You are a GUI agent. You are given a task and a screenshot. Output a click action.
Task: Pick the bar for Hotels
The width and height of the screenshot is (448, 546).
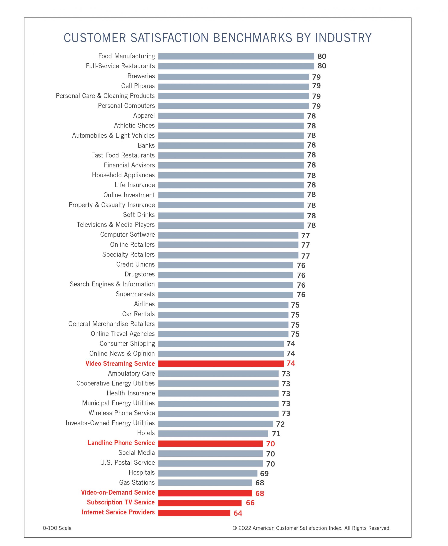(213, 434)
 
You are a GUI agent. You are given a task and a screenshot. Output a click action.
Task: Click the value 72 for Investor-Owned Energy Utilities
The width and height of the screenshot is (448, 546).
(280, 424)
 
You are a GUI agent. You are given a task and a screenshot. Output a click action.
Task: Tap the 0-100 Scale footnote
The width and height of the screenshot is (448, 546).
(57, 528)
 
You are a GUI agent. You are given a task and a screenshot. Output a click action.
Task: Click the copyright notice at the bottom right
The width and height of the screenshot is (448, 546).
(311, 528)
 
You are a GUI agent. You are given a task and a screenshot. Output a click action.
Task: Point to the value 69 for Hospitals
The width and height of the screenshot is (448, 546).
(264, 473)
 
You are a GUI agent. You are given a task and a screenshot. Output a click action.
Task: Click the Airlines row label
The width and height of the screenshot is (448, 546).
(144, 304)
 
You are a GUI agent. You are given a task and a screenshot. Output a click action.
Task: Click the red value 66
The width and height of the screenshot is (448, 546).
(250, 503)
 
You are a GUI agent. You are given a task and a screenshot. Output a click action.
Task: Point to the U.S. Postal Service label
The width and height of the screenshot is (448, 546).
(128, 463)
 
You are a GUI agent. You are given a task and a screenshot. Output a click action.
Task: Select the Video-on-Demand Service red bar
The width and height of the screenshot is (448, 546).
(205, 493)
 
